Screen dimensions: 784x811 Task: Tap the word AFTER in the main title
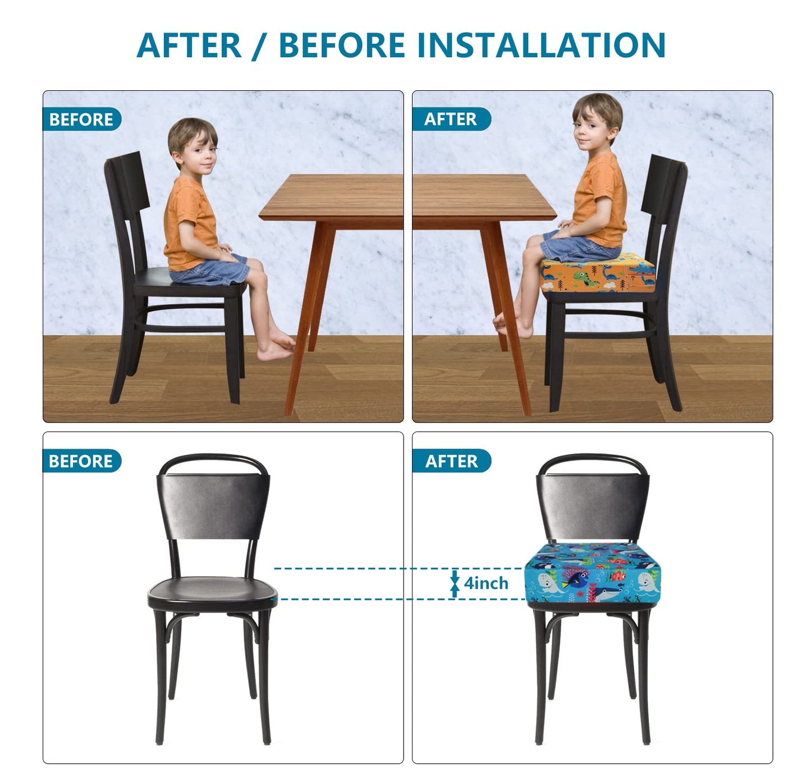pos(189,45)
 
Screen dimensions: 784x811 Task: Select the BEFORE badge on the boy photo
pos(81,120)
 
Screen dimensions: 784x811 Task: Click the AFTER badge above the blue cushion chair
pos(451,461)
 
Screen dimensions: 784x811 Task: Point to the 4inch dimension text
pos(486,584)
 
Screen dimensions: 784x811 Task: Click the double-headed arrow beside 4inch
pos(455,584)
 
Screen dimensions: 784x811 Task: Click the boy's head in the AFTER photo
pos(596,121)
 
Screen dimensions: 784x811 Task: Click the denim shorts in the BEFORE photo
pos(213,270)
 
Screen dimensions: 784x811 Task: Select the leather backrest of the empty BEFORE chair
pos(213,505)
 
